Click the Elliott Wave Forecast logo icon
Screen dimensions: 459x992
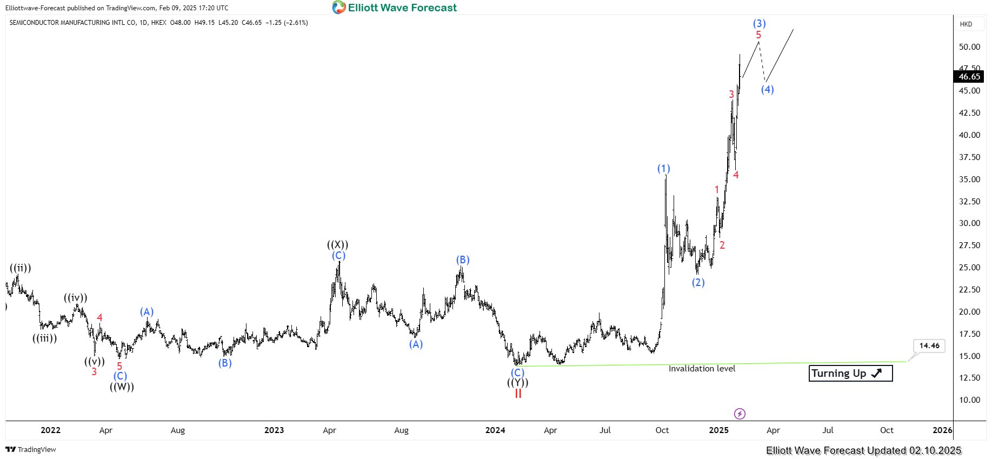point(339,8)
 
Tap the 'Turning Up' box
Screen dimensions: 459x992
point(850,373)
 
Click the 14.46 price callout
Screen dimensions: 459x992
point(929,346)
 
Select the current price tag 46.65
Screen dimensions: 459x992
point(969,77)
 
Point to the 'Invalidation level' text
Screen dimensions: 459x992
point(702,369)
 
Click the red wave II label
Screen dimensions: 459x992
point(518,394)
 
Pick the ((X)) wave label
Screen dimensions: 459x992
point(338,244)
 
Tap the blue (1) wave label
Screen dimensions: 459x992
point(663,169)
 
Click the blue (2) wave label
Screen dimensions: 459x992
point(698,282)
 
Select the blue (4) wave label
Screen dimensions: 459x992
point(767,89)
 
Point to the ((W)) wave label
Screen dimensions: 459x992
point(122,387)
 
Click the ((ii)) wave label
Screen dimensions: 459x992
point(21,268)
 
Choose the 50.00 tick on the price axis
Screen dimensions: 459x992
point(969,47)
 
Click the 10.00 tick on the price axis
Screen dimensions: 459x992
point(969,400)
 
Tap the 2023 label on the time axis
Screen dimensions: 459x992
point(274,430)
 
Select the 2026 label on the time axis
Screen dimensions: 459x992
point(942,430)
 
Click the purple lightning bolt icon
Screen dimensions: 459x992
point(740,414)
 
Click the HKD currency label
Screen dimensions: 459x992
point(966,24)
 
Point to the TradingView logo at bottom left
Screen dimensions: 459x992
point(31,450)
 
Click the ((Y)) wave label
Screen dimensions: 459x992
point(517,383)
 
